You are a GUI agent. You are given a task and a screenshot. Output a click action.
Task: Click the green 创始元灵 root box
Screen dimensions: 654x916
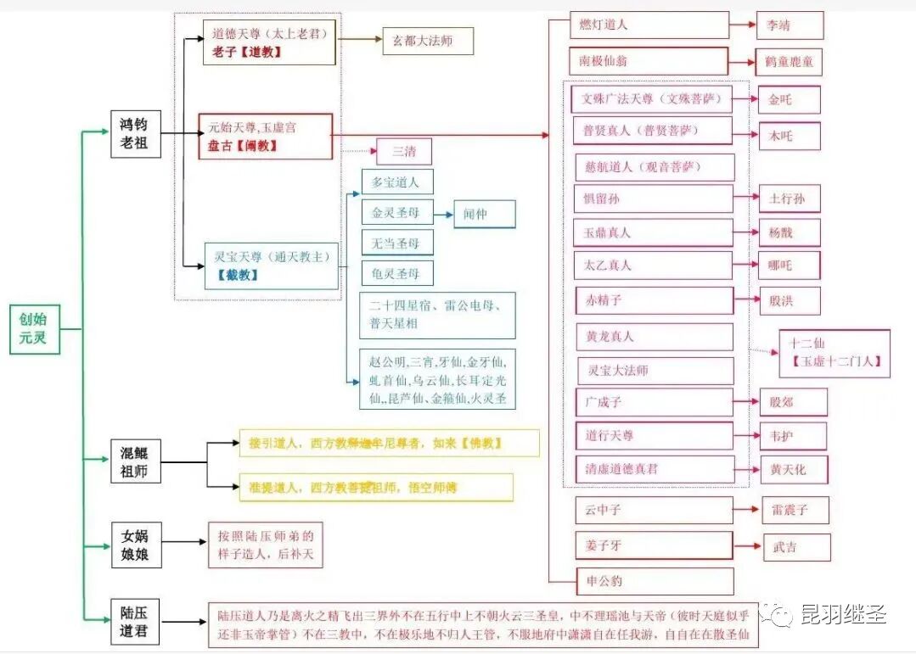click(35, 329)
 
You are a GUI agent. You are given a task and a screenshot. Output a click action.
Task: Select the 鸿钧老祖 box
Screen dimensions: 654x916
click(134, 133)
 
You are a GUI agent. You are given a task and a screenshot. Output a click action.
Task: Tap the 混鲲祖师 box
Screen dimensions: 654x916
click(134, 462)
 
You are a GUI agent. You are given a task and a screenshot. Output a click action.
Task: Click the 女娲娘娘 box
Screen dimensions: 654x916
click(134, 545)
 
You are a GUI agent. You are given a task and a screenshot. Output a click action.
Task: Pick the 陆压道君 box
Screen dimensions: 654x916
click(134, 622)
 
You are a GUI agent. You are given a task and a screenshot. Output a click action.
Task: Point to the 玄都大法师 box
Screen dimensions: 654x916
click(427, 41)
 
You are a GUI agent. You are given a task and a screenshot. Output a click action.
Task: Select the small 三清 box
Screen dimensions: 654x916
click(404, 152)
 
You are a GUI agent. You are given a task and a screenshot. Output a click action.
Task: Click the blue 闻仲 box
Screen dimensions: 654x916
click(484, 215)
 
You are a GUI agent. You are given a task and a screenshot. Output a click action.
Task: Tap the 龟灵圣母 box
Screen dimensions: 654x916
click(396, 273)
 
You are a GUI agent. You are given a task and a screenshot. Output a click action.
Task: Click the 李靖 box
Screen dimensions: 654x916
click(790, 25)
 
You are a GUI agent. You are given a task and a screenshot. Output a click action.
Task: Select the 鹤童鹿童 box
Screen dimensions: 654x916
click(789, 62)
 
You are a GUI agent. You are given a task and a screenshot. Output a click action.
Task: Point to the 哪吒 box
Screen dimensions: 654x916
click(789, 266)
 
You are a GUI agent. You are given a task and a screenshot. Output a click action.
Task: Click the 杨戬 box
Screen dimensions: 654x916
click(789, 232)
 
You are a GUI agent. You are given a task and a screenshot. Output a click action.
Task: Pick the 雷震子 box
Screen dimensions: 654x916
click(795, 510)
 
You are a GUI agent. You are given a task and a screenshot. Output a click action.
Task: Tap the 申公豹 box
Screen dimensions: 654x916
click(654, 581)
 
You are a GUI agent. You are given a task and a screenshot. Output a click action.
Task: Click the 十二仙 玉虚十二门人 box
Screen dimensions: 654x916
click(835, 354)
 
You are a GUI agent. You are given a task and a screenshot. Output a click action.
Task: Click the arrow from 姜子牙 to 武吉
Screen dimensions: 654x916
click(747, 545)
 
